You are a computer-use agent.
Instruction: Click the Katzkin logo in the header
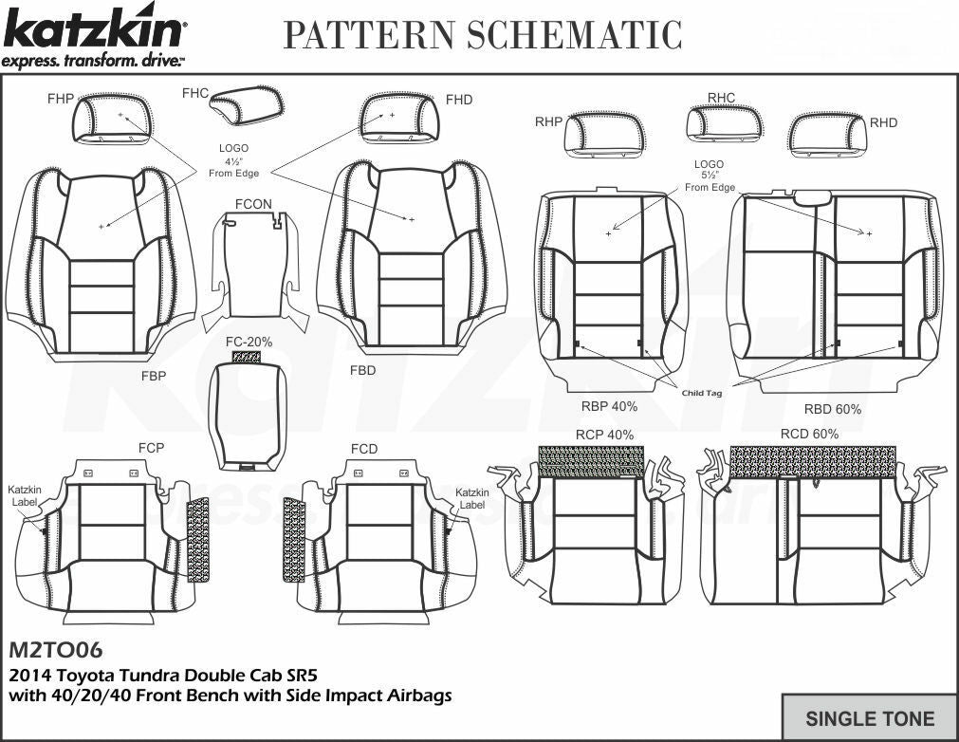95,38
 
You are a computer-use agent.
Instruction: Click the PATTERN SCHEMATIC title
483,35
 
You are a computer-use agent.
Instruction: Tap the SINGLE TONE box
869,718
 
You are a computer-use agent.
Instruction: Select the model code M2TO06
55,651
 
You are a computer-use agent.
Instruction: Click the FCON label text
253,203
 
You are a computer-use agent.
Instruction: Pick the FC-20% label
249,342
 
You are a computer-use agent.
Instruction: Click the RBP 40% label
608,406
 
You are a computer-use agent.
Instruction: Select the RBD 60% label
833,409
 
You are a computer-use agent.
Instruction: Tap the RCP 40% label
604,435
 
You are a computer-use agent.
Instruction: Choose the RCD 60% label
809,434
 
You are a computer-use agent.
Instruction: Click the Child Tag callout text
700,392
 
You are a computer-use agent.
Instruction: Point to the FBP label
154,376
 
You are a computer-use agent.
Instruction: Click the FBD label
362,370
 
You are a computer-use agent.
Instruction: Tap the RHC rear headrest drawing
724,123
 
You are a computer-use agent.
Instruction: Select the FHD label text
458,100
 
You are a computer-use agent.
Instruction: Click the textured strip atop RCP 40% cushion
590,460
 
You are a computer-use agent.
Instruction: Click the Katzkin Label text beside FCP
25,495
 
